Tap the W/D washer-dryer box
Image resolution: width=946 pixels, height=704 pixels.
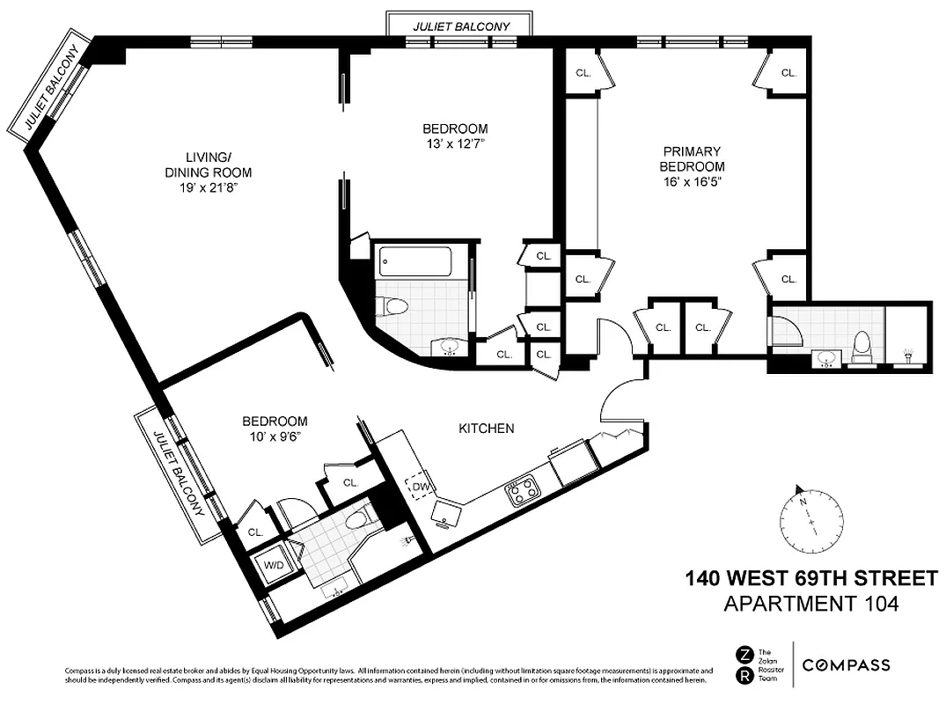coord(274,565)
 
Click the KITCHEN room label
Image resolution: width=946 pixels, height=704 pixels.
coord(486,429)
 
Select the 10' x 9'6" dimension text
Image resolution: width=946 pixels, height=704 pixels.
coord(275,436)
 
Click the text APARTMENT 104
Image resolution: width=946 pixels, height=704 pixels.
coord(810,605)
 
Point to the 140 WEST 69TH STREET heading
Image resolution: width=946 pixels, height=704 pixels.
coord(810,579)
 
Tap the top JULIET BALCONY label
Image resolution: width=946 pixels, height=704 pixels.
coord(461,26)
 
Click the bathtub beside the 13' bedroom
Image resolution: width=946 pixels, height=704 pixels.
coord(414,261)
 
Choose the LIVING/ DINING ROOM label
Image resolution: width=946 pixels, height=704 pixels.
coord(200,165)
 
